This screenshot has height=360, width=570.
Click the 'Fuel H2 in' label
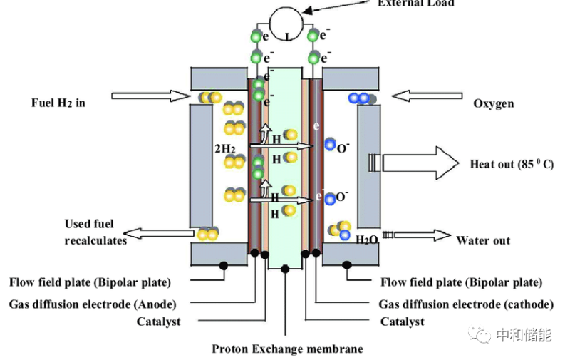tap(58, 103)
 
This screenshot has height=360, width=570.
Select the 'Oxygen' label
tap(494, 104)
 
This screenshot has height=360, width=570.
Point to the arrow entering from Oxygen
tap(424, 96)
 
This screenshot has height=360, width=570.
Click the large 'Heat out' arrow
tap(414, 163)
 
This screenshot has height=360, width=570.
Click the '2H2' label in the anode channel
tap(224, 150)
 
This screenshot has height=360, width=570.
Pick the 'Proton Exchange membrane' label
tap(287, 349)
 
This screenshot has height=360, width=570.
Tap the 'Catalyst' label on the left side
tap(158, 322)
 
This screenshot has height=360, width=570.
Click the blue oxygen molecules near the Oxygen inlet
tap(360, 98)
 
